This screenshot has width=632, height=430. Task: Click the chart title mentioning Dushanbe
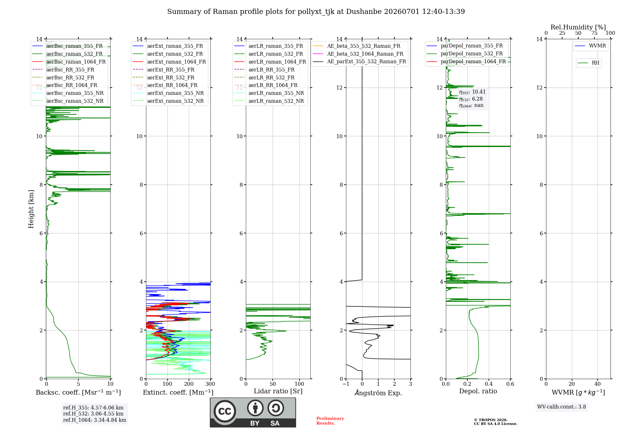[x=316, y=12]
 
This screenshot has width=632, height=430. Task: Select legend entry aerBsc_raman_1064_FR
[x=76, y=62]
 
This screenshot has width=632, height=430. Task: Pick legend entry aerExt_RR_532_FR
[x=171, y=77]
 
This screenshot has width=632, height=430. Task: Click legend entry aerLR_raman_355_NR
[x=276, y=93]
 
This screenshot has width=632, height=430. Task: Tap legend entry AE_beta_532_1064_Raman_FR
[x=365, y=54]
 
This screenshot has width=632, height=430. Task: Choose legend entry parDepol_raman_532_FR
[x=472, y=53]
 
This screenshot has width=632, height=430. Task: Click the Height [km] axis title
[x=31, y=209]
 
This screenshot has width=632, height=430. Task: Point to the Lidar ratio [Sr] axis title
[x=278, y=391]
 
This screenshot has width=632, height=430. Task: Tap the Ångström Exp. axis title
[x=378, y=393]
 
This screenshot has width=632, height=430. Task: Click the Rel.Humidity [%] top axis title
[x=578, y=27]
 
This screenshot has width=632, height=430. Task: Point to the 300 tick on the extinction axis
[x=210, y=384]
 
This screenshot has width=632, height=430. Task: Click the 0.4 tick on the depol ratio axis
[x=489, y=384]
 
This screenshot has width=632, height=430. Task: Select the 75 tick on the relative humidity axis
[x=594, y=33]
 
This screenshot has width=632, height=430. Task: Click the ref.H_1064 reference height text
[x=94, y=420]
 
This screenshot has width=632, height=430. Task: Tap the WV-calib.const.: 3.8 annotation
[x=562, y=407]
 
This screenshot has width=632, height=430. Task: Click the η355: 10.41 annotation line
[x=472, y=92]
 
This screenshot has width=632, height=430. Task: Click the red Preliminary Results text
[x=330, y=421]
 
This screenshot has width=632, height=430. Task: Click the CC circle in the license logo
[x=225, y=411]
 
